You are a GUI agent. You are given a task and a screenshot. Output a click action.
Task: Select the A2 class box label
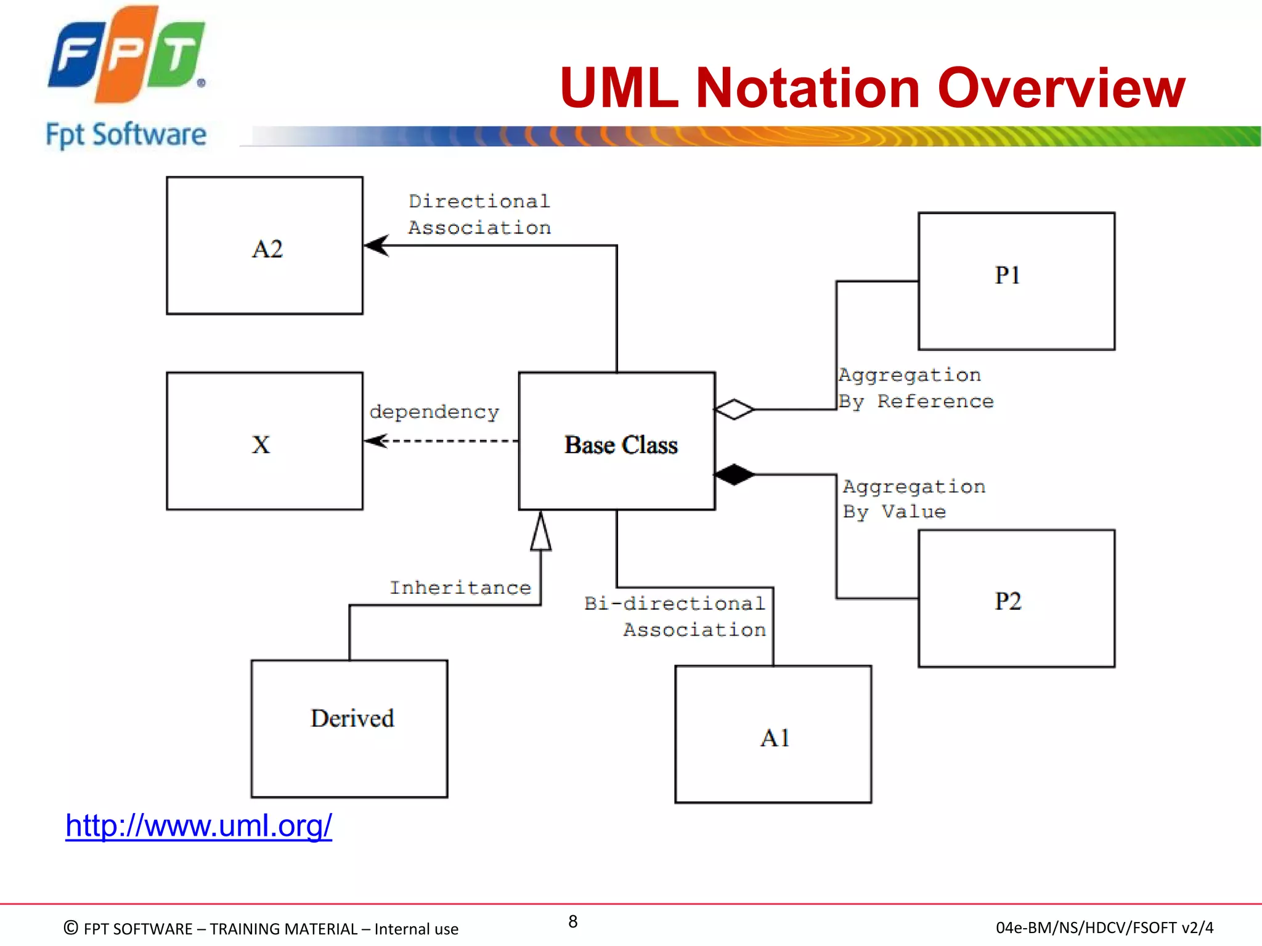point(267,249)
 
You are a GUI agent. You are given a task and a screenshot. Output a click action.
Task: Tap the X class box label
point(261,445)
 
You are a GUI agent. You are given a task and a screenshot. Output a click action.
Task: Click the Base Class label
point(621,445)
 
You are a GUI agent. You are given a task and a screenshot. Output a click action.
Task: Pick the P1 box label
point(1008,275)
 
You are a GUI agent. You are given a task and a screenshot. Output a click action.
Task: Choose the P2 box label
point(1008,601)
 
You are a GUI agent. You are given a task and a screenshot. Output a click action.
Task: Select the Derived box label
point(352,719)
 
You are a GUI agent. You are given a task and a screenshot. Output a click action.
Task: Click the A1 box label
point(775,738)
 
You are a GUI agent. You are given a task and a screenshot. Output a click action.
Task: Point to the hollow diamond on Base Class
point(734,409)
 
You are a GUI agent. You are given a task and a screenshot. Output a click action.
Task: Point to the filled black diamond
point(734,475)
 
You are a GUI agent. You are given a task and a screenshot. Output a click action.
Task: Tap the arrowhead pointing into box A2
point(376,245)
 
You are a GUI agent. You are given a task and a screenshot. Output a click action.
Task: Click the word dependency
point(434,411)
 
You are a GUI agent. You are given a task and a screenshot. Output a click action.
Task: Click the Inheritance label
point(460,588)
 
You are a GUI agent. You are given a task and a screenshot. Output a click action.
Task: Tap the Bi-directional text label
point(675,603)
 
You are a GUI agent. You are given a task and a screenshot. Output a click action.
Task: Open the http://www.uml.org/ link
point(198,826)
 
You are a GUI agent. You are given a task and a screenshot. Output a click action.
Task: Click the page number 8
point(572,921)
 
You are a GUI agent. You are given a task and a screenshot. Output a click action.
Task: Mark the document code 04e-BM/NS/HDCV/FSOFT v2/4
point(1104,928)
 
